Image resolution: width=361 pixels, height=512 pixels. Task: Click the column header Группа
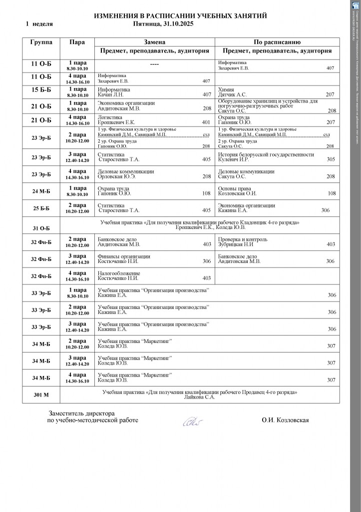[41, 42]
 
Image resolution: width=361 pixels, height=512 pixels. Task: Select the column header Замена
[154, 42]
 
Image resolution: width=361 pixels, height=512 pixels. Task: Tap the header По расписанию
[277, 42]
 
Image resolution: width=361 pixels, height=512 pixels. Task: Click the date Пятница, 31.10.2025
[163, 23]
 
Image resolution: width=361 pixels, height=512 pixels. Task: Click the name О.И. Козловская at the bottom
[285, 420]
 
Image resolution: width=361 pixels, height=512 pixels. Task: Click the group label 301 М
[41, 395]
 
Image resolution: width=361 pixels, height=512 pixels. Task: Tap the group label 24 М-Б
[41, 190]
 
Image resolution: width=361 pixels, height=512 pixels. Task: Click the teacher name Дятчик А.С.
[233, 94]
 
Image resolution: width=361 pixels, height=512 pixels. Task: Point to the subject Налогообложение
[119, 273]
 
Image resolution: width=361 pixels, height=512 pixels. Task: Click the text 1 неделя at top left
[39, 23]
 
